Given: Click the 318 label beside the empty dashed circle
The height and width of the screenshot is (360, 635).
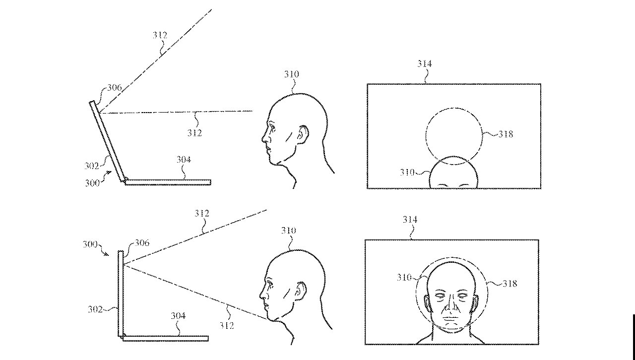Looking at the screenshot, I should pyautogui.click(x=506, y=134).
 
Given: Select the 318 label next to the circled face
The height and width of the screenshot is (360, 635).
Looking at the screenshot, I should pyautogui.click(x=509, y=283).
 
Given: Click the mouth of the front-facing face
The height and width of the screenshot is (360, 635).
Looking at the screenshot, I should pyautogui.click(x=450, y=317).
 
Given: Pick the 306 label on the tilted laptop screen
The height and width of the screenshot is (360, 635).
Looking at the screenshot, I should pyautogui.click(x=114, y=88).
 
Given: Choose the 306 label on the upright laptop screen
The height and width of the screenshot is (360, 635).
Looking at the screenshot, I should pyautogui.click(x=141, y=243).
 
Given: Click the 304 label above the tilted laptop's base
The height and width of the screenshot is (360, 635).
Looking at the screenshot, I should pyautogui.click(x=184, y=160).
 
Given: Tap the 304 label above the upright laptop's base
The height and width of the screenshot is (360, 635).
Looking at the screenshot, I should pyautogui.click(x=178, y=316).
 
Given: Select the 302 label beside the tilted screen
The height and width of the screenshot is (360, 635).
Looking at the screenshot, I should pyautogui.click(x=91, y=165).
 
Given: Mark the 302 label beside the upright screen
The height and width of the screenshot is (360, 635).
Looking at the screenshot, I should pyautogui.click(x=95, y=309).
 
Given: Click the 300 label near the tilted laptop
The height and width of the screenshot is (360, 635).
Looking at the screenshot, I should pyautogui.click(x=92, y=182).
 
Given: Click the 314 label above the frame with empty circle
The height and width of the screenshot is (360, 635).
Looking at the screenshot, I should pyautogui.click(x=424, y=63).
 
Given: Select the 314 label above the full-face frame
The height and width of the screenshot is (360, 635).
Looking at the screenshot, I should pyautogui.click(x=410, y=220).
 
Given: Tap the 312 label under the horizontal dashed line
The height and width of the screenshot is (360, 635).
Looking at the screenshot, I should pyautogui.click(x=194, y=133).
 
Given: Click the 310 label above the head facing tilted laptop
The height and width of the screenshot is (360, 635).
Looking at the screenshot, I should pyautogui.click(x=292, y=74).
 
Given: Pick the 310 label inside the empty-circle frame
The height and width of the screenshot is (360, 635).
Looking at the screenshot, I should pyautogui.click(x=407, y=173).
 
